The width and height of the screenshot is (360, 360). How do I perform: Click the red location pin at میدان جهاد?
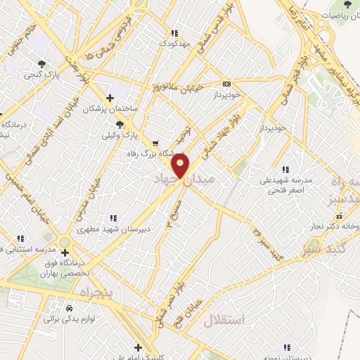pos(181,166)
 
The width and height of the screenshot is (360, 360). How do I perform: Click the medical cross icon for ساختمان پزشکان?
pos(109,98)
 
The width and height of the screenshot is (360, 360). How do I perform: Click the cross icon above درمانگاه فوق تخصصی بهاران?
pos(65,252)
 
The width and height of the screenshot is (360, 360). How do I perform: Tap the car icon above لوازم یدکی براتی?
pos(69,308)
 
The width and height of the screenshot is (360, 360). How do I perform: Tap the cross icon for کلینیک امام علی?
pos(139,347)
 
